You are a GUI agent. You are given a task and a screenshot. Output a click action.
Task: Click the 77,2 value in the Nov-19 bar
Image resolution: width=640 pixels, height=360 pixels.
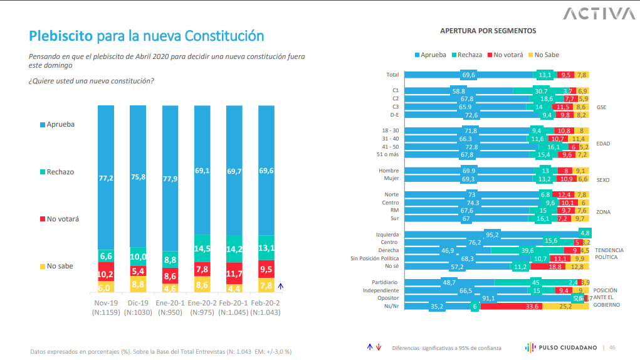click(106, 178)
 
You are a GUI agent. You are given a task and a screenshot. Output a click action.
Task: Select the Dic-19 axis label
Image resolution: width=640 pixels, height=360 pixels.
click(138, 302)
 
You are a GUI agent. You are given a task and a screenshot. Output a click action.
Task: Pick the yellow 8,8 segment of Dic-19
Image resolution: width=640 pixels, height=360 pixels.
click(139, 284)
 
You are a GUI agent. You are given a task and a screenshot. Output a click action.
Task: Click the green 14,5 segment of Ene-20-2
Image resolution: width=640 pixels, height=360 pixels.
click(203, 248)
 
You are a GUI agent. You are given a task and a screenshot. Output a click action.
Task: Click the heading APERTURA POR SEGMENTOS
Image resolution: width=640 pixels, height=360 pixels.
click(488, 31)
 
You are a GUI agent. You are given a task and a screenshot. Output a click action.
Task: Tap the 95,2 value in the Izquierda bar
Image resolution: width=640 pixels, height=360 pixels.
click(475, 235)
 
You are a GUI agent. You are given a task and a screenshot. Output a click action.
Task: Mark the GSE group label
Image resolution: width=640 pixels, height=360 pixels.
click(602, 107)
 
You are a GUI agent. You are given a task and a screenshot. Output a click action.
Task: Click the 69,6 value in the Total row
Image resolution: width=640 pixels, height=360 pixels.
click(469, 75)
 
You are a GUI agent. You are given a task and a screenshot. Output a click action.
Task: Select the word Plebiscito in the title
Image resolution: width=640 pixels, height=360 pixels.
click(61, 36)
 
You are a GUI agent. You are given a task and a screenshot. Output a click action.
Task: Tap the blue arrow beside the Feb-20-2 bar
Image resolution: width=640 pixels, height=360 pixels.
click(281, 285)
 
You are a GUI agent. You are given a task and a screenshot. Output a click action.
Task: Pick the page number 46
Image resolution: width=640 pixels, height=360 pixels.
click(612, 347)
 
